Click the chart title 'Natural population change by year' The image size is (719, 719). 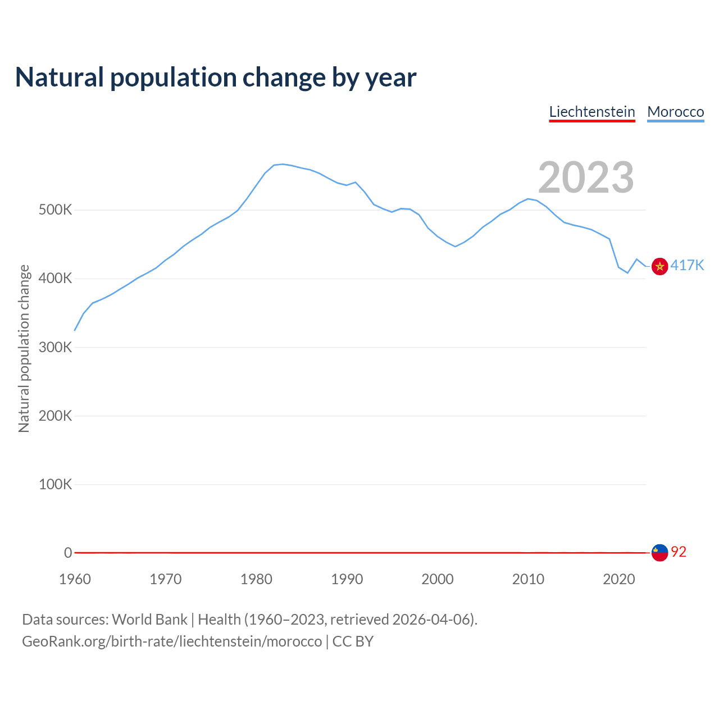point(216,78)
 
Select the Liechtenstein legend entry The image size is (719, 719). point(591,112)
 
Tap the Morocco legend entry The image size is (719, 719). point(675,112)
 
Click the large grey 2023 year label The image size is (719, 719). point(586,178)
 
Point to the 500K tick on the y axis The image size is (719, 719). point(55,210)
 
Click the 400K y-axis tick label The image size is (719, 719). point(55,279)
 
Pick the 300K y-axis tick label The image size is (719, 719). point(55,347)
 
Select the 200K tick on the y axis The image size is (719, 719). point(55,416)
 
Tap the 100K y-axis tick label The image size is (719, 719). point(55,484)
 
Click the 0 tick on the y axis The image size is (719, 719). point(68,553)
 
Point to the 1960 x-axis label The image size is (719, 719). point(75,579)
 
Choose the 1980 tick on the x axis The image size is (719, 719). point(256,579)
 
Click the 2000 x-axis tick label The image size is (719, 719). point(438,579)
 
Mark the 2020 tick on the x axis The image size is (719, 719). point(618,579)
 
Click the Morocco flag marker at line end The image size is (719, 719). point(659,266)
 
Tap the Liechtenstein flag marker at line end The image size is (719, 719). point(659,553)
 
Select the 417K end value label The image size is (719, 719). point(687,265)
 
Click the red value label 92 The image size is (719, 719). point(679,552)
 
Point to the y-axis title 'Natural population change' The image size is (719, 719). point(24,348)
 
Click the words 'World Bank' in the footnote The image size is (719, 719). point(149,620)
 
